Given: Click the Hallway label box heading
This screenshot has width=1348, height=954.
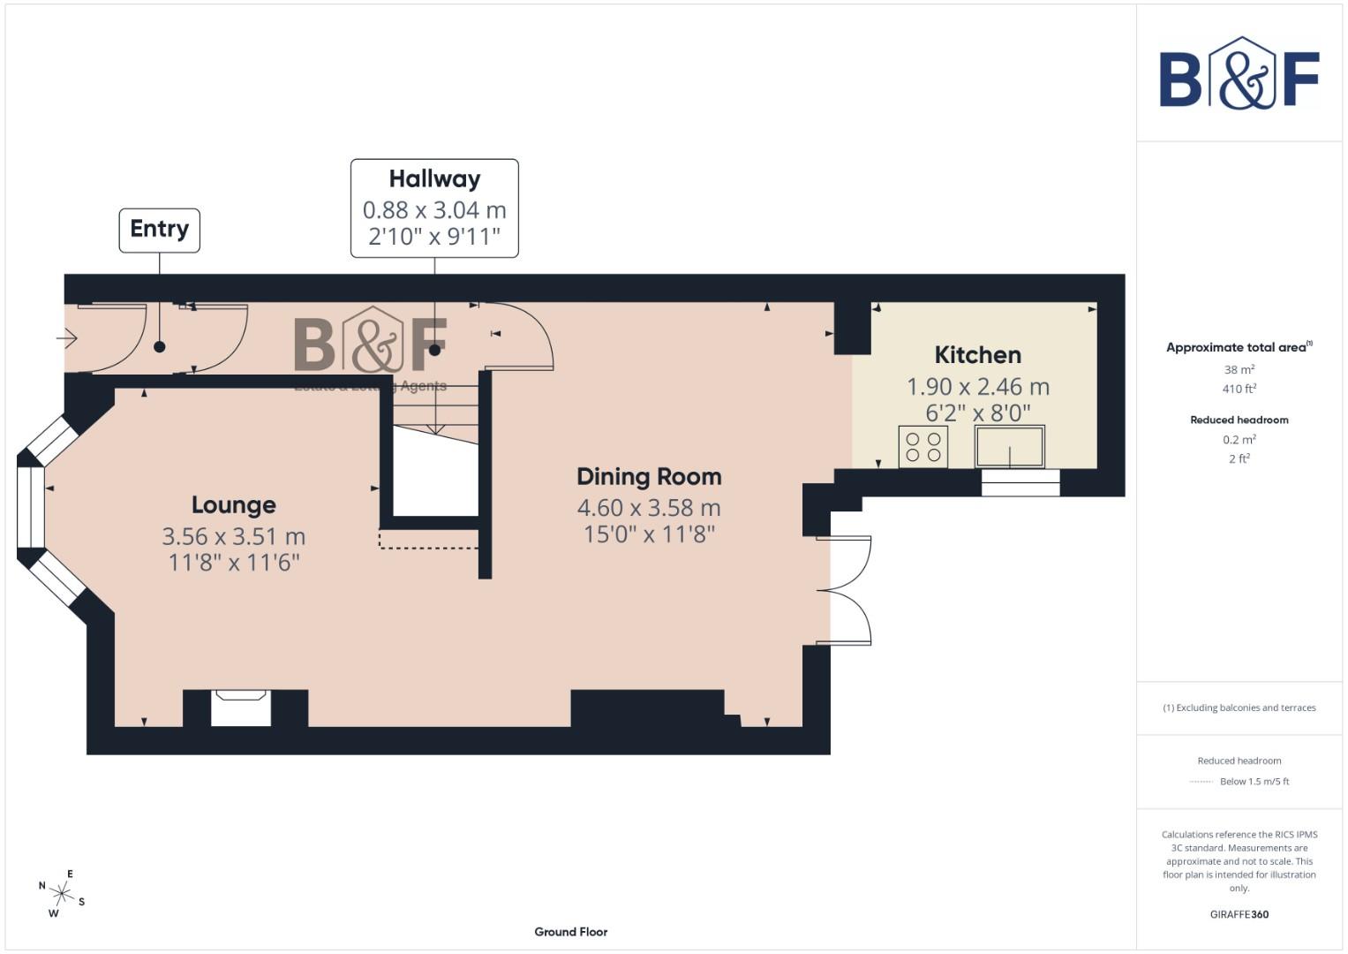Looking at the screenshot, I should (434, 178).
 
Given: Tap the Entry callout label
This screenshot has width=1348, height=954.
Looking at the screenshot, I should (160, 229).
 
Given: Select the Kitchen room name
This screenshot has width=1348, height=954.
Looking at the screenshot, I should (977, 355).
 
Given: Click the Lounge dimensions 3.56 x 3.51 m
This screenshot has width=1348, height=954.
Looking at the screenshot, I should (234, 536).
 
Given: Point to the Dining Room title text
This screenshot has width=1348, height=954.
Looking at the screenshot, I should (649, 477).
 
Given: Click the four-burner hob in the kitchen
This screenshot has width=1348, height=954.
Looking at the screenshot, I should (923, 447).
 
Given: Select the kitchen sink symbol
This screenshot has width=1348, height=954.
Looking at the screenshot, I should (1010, 447).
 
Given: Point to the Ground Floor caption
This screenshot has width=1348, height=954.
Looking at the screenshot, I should (571, 932).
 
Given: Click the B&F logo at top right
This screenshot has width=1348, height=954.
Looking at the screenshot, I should (1239, 73).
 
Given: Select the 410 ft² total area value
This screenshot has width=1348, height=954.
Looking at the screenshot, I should (1239, 389).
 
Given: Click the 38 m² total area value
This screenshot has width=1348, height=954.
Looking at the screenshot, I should (1239, 370).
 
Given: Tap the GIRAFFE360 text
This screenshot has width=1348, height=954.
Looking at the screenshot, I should (1239, 914).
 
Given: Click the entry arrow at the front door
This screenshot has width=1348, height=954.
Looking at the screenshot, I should (67, 337).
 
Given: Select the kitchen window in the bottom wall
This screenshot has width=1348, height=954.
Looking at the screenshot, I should (1020, 482).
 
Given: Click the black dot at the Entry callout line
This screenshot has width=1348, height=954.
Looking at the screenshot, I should (160, 347).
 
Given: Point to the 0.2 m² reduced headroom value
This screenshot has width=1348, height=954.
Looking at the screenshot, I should (1239, 440).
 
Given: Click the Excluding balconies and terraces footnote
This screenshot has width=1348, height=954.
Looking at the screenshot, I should (1239, 708).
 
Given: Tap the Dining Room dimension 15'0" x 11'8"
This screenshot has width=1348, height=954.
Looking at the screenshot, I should (649, 534).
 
